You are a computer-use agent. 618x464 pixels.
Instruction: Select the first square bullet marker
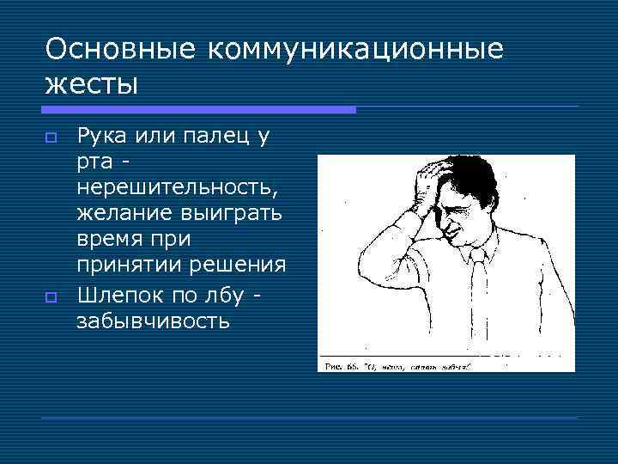51,137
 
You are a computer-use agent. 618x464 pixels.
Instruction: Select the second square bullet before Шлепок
51,297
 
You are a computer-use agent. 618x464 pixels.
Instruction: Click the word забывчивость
154,321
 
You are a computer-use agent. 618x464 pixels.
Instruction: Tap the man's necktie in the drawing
479,292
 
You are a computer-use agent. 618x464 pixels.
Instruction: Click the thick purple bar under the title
198,110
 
